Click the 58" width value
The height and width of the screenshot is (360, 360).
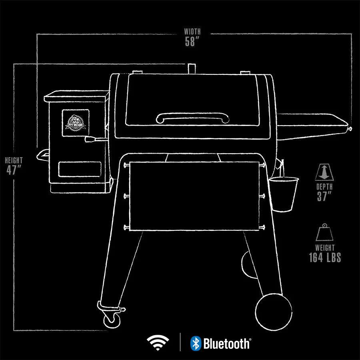click(192, 42)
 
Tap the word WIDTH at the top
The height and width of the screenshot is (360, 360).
click(192, 31)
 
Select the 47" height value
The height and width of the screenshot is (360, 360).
click(14, 170)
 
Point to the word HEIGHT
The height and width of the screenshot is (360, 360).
click(14, 160)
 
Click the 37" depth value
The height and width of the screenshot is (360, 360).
click(324, 196)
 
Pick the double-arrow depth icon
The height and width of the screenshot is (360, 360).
click(324, 172)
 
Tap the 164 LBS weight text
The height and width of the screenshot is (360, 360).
click(325, 258)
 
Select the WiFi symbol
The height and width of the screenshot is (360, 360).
click(158, 342)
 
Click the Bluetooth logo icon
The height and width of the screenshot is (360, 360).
click(195, 343)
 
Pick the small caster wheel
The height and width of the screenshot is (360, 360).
click(112, 320)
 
